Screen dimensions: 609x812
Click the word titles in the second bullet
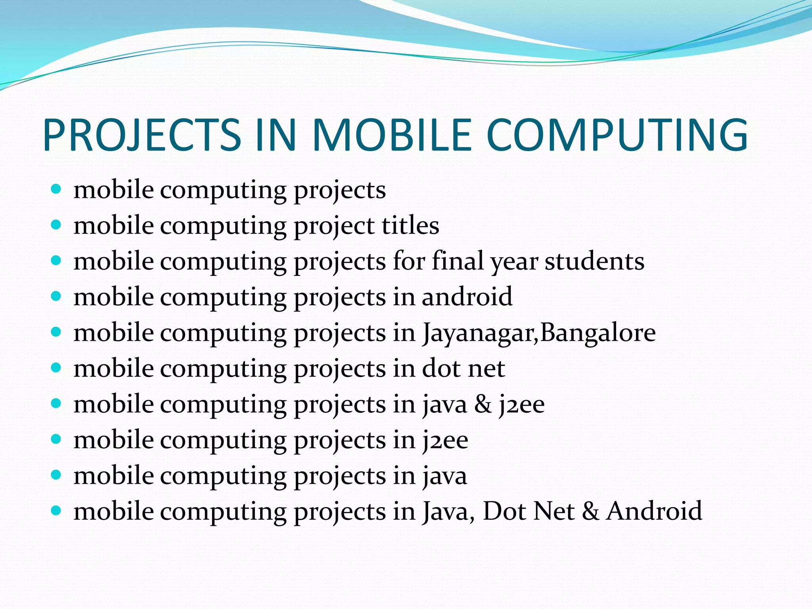[410, 226]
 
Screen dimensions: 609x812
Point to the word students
[594, 261]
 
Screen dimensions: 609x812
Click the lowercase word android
[467, 297]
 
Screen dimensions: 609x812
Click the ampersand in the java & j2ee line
[483, 405]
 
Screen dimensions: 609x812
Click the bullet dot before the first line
[56, 189]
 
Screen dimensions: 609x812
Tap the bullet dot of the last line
[56, 510]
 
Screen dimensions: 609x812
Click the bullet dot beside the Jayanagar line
[56, 332]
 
